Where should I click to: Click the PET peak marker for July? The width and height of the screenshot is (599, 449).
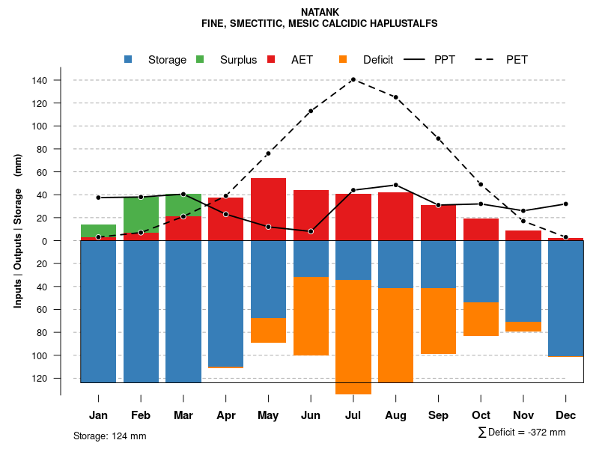click(353, 79)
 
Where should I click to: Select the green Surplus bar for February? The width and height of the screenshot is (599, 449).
click(141, 215)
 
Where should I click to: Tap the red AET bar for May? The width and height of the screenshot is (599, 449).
click(268, 210)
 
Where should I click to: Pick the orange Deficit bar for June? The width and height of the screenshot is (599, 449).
click(311, 316)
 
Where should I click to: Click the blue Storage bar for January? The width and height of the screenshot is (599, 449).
click(98, 311)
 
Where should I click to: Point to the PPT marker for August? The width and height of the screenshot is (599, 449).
click(395, 185)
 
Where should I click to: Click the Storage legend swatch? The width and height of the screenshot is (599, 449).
click(130, 59)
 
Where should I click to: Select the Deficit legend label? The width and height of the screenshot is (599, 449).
click(378, 60)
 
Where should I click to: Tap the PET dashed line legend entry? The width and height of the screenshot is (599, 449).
click(490, 60)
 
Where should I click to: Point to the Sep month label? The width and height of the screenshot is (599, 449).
click(438, 415)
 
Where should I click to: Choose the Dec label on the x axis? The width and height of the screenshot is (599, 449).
click(565, 415)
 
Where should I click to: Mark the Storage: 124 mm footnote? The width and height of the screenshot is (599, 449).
click(109, 436)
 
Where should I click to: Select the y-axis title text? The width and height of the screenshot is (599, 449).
click(18, 230)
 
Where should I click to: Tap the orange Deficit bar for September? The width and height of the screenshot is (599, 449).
click(438, 321)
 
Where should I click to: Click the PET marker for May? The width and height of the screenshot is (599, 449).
click(268, 153)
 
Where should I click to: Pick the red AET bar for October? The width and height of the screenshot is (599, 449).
click(481, 230)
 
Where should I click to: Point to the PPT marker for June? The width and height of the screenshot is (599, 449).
click(311, 231)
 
